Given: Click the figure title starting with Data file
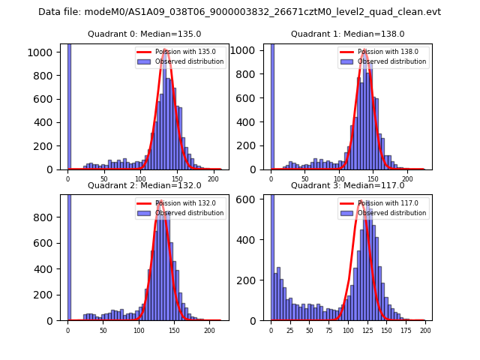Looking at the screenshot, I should [239, 12].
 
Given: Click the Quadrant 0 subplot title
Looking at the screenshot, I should [145, 34].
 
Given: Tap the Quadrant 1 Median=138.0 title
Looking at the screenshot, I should [347, 34].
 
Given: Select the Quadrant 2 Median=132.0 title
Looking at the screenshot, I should [145, 185].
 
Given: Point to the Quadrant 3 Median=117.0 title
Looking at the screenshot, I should [347, 185].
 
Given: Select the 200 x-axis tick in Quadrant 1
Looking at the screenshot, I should [407, 178].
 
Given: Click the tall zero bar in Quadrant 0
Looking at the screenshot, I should [68, 105].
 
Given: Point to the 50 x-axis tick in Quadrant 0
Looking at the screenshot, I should [104, 178].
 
